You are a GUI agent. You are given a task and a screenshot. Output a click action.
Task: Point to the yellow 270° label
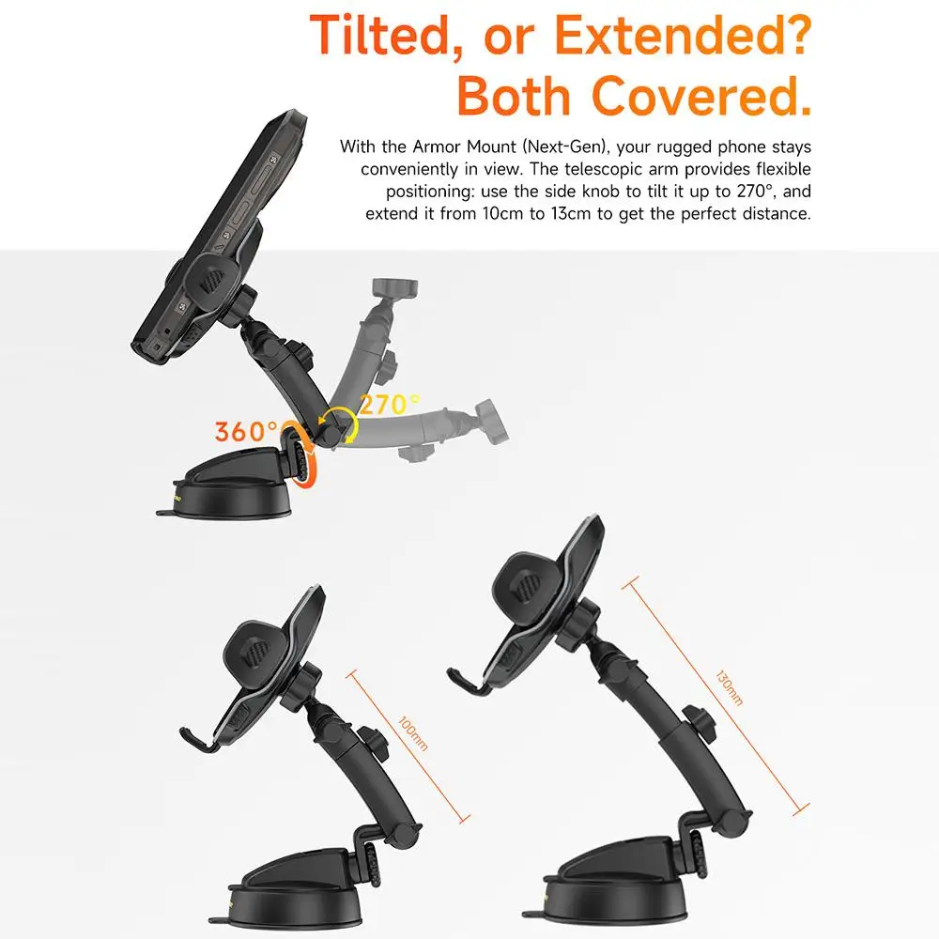[387, 405]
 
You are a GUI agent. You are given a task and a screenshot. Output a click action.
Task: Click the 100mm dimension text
[413, 731]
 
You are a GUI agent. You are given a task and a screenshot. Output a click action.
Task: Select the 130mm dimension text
[729, 688]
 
